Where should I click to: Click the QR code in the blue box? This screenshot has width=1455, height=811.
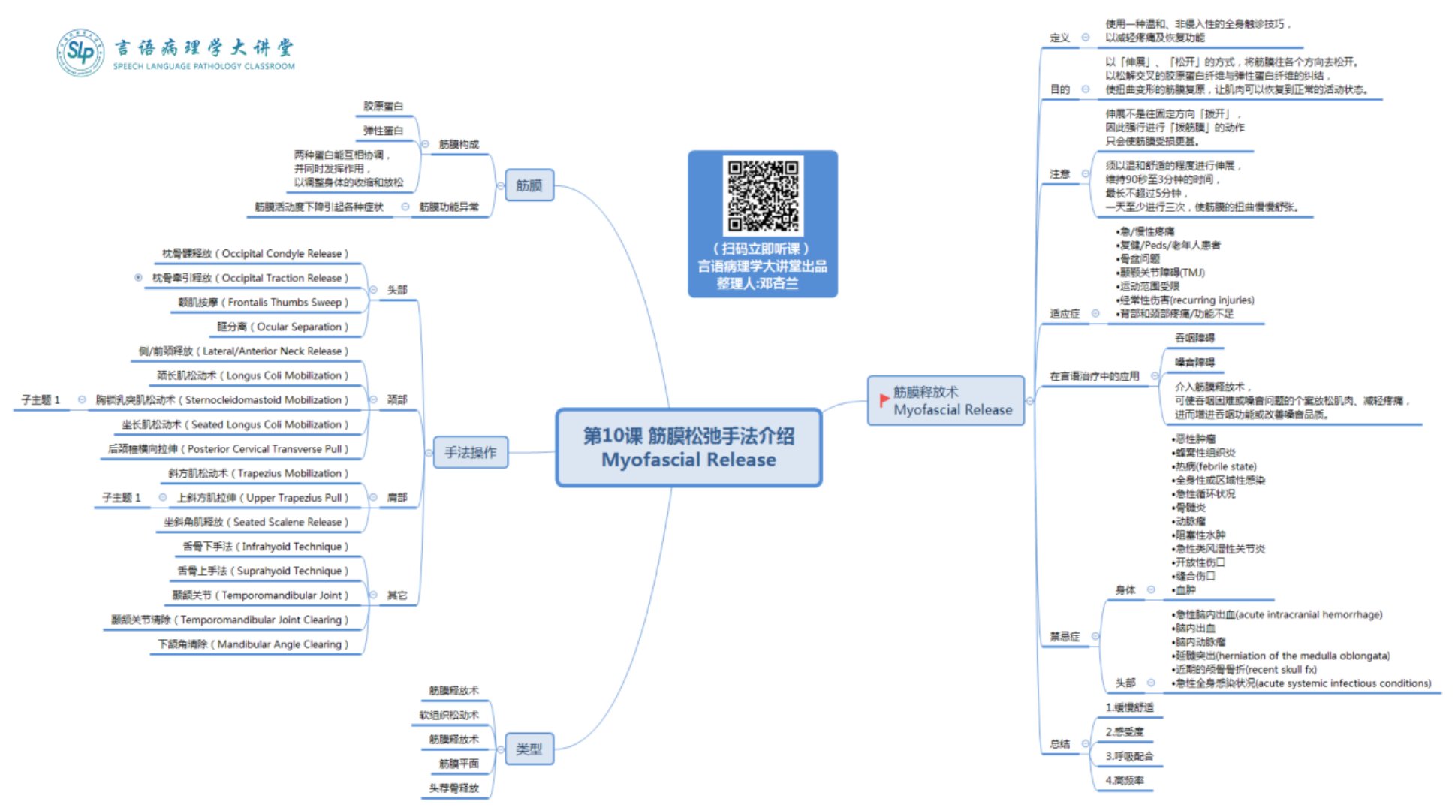[762, 194]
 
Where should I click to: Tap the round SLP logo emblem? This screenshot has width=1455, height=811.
[80, 53]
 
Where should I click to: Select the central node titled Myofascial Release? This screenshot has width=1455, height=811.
[688, 448]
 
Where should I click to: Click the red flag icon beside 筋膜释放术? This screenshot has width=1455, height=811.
[884, 400]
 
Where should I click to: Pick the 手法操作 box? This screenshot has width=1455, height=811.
[470, 452]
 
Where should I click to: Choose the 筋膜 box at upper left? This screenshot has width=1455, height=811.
[529, 185]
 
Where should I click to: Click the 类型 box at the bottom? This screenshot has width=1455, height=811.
[529, 749]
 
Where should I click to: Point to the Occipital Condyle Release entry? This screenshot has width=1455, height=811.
[255, 254]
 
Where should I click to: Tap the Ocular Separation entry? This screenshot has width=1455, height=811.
[282, 327]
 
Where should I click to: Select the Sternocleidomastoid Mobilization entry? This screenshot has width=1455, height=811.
[221, 400]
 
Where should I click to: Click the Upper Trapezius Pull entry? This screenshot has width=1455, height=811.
[262, 498]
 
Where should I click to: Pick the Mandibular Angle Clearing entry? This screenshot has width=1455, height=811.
[252, 644]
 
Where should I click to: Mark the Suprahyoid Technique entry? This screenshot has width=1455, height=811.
[263, 571]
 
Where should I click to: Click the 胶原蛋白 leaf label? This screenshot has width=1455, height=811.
[383, 107]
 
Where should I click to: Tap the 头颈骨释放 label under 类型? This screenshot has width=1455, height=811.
[453, 788]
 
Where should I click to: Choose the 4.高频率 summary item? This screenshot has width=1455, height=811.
[1125, 781]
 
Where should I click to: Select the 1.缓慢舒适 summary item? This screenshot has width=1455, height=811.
[1129, 707]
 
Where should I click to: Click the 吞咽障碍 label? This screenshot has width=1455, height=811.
[1194, 339]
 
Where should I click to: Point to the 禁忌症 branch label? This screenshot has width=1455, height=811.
[1065, 637]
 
